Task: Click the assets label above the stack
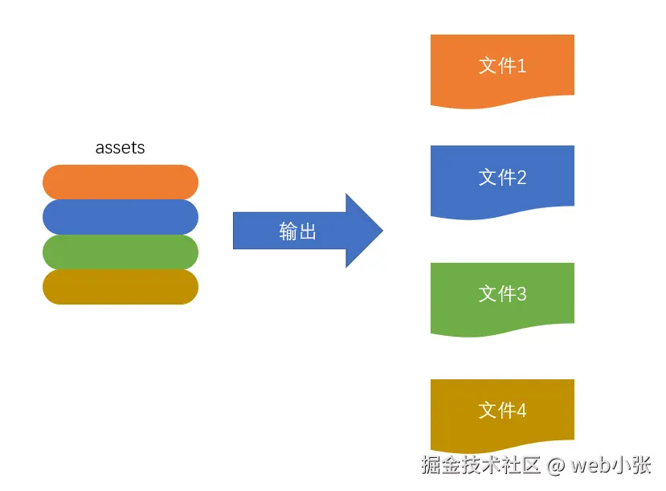(x=120, y=148)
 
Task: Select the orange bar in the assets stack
(x=121, y=182)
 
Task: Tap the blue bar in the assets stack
(x=121, y=217)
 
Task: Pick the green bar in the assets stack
(x=121, y=252)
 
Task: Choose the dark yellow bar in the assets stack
(x=121, y=287)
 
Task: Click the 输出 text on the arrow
(x=298, y=231)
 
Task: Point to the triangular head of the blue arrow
(x=364, y=231)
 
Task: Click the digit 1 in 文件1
(x=521, y=66)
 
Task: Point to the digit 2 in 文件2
(x=521, y=178)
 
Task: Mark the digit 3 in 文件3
(x=521, y=294)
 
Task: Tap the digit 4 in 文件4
(x=521, y=411)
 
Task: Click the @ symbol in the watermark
(x=556, y=465)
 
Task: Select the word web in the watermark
(x=590, y=465)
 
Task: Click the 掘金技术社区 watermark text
(x=481, y=465)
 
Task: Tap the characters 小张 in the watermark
(x=631, y=465)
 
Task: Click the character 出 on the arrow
(x=308, y=231)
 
